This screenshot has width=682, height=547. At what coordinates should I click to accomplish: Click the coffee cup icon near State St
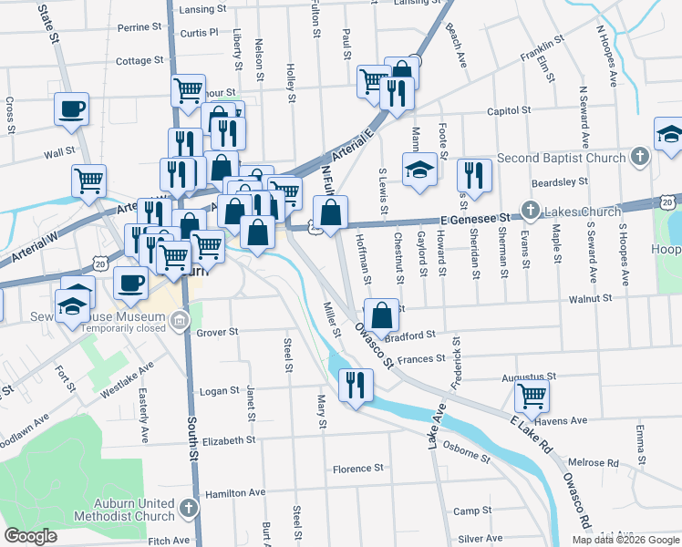pos(71,110)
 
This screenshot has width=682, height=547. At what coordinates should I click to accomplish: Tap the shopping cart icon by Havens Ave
pos(532,396)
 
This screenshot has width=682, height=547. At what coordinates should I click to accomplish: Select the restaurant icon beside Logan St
pos(355,384)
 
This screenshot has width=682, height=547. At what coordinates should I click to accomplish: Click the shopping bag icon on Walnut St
pos(381,315)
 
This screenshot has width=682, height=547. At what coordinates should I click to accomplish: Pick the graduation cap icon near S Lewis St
pos(418,171)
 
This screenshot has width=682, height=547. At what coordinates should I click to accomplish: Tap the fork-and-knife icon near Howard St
pos(473,174)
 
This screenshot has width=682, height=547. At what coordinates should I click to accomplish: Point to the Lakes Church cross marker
pos(530,212)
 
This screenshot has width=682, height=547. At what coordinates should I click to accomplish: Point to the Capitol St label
pos(509,110)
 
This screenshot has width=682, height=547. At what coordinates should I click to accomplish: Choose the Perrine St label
pos(139,27)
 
